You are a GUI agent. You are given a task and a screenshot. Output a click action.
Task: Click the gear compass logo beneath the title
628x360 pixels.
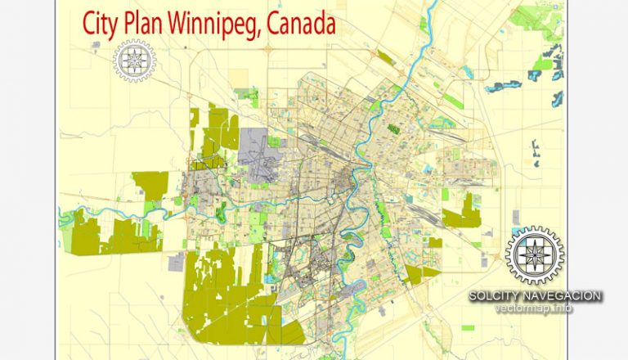click(x=133, y=60)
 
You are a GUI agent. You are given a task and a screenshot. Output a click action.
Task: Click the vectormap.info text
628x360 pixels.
click(x=535, y=308)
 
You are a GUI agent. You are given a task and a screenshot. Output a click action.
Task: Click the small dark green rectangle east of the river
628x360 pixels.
click(x=393, y=129)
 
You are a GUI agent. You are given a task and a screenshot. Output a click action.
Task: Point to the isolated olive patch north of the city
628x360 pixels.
click(x=240, y=78)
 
